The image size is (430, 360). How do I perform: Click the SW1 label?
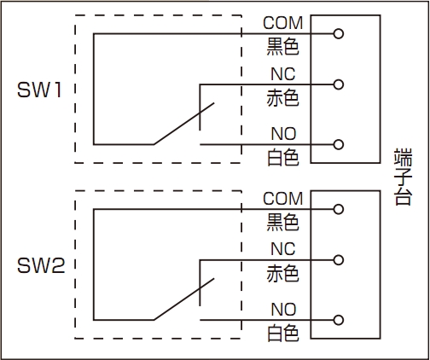[x=39, y=90]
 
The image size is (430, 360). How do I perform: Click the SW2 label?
[x=41, y=265]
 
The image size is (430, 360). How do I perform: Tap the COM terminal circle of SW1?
[x=338, y=34]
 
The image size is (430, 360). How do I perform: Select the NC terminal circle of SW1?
[x=338, y=84]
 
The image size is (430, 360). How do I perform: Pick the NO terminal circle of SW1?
[x=338, y=144]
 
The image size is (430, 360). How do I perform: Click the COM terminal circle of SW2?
[x=338, y=209]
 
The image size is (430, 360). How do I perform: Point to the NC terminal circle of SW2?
[x=338, y=260]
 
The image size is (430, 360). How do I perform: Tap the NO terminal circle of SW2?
[x=338, y=320]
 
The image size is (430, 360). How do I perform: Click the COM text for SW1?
[x=283, y=23]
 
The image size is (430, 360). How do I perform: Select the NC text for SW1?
[x=283, y=74]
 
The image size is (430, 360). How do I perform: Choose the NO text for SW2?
[x=283, y=310]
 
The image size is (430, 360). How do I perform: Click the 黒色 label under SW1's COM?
[x=282, y=47]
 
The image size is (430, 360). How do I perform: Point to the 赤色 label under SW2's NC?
[x=282, y=274]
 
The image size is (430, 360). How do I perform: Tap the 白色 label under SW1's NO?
[x=283, y=158]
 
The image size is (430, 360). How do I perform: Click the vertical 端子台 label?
[x=403, y=177]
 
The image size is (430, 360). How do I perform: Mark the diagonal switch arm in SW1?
[x=183, y=124]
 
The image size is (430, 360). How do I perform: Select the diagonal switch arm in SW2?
[x=183, y=299]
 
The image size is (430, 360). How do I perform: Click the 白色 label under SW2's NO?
[x=283, y=333]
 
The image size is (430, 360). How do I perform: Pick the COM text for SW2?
[x=283, y=199]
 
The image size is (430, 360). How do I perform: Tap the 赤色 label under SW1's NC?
[x=282, y=98]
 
